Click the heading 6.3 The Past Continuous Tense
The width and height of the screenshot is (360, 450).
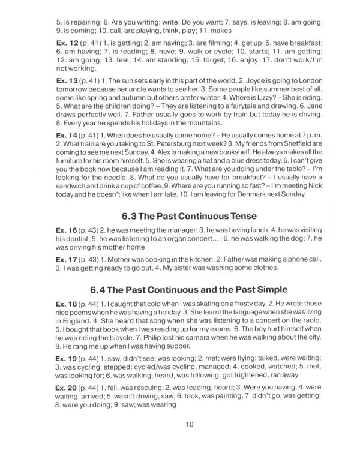[190, 215]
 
